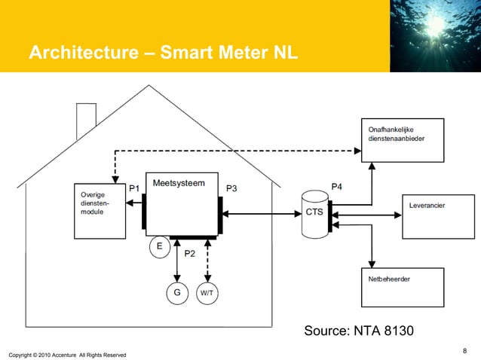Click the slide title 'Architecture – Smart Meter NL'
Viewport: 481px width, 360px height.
[x=164, y=54]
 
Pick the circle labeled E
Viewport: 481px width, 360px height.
[x=159, y=246]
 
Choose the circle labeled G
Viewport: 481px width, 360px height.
[x=176, y=292]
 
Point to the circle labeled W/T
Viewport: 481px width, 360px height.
[x=207, y=292]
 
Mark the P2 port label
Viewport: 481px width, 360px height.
[x=190, y=254]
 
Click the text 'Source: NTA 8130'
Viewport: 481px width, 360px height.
[x=358, y=331]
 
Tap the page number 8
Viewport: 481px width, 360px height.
[x=464, y=349]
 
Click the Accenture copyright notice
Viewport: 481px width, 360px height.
[x=67, y=354]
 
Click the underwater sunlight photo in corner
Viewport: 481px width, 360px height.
[x=435, y=35]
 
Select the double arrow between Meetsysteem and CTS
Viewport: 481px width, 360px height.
[x=259, y=214]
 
